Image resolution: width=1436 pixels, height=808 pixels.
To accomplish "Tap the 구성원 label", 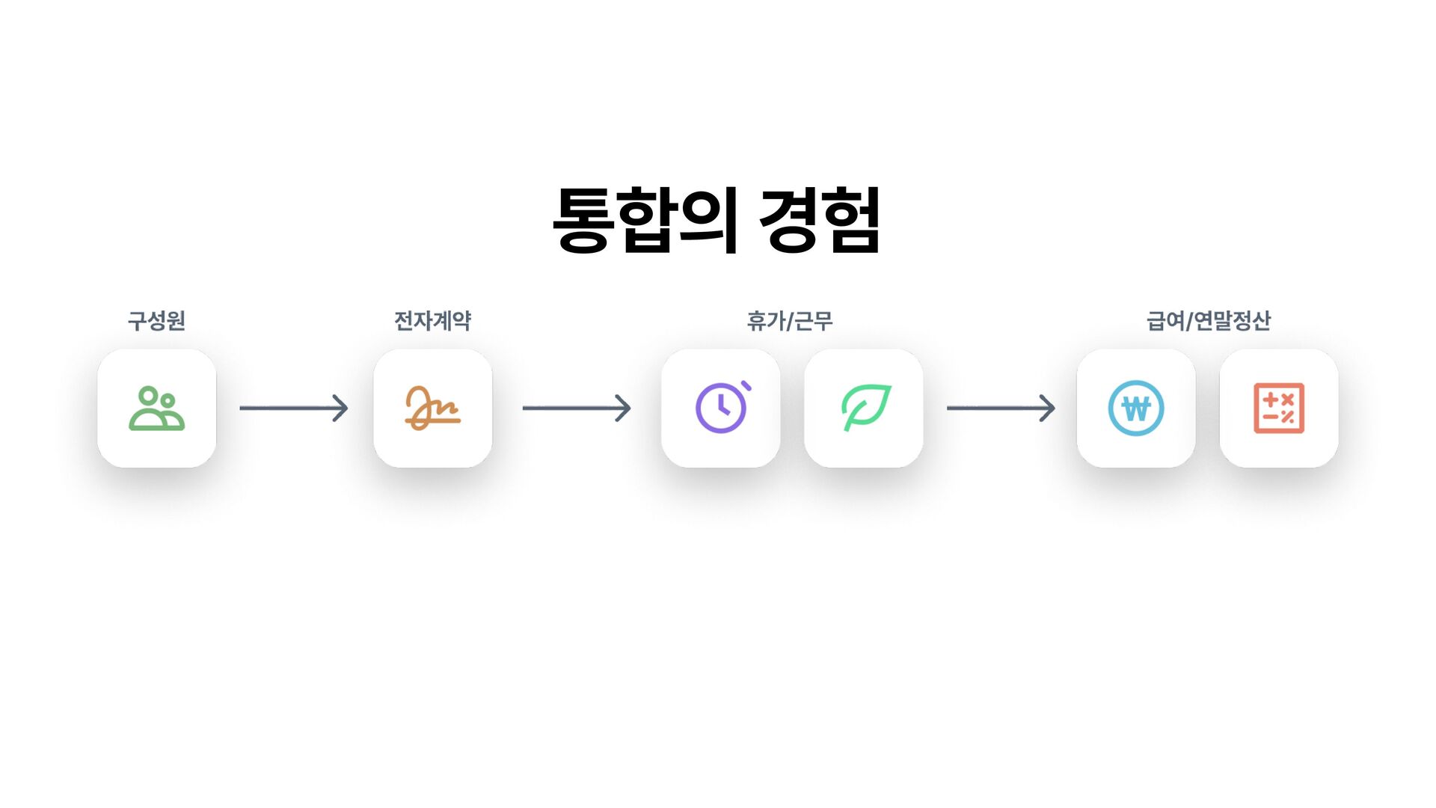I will point(156,321).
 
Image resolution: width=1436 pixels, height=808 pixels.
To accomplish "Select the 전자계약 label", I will point(432,321).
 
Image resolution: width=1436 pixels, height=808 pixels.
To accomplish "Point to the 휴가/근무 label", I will point(789,321).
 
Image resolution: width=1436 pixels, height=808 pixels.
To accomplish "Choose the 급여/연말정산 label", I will point(1208,321).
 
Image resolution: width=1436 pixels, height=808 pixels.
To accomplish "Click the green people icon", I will point(156,408).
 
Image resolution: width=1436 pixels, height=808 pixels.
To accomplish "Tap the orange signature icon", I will point(432,408).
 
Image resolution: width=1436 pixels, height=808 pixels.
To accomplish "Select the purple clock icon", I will point(721,408).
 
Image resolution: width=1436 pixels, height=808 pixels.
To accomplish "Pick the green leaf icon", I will point(865,408).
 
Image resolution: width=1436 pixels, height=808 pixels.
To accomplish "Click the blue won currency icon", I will point(1135,408).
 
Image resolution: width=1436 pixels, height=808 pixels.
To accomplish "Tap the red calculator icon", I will point(1279,408).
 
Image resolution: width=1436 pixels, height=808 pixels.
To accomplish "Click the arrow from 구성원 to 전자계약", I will point(294,408).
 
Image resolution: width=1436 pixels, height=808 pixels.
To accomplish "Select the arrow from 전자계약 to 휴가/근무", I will point(577,408).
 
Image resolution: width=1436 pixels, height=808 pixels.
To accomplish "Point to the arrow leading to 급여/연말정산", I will point(1001,408).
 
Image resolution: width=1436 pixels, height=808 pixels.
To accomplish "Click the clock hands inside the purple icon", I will point(722,407).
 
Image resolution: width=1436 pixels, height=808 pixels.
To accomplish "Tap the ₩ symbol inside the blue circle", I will point(1135,409).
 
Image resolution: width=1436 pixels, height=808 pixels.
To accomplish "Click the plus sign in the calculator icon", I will point(1270,400).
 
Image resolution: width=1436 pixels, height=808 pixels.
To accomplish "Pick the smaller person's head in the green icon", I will point(168,401).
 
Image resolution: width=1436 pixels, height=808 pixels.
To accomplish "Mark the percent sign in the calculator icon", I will point(1288,417).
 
